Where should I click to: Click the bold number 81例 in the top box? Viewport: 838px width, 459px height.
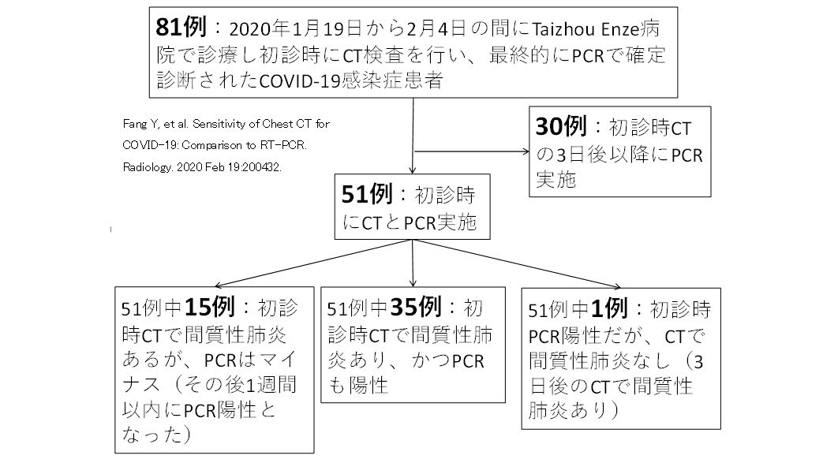click(182, 28)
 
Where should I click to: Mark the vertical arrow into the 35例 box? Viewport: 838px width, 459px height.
click(413, 280)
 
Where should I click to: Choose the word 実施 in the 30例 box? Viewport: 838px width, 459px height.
click(557, 180)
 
